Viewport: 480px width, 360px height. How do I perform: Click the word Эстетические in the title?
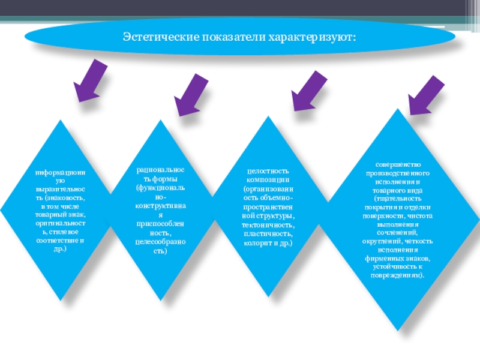tap(157, 38)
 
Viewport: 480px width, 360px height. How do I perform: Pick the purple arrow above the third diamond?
tap(307, 91)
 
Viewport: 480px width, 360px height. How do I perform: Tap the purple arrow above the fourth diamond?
tap(425, 96)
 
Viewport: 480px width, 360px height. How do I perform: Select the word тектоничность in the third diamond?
tap(268, 223)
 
